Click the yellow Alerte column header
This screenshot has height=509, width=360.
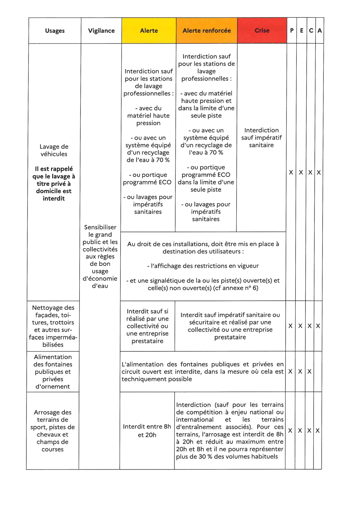coord(149,31)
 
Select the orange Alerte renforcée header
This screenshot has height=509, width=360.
coord(207,31)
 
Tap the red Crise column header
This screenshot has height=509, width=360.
coord(262,31)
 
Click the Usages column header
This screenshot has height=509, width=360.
coord(55,31)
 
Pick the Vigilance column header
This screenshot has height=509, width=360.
coord(101,31)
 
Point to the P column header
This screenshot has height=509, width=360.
coord(292,31)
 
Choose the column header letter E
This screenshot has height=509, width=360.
coord(302,31)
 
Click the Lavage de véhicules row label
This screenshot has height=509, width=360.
coord(54,150)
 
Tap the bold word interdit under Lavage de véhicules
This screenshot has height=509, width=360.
coord(54,198)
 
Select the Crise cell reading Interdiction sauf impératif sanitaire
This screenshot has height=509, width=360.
coord(261,138)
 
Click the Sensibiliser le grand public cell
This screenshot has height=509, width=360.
coord(100,256)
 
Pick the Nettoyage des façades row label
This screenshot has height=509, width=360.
coord(53,326)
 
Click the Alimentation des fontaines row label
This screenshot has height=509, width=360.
coord(53,372)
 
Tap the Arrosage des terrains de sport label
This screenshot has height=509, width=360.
coord(53,431)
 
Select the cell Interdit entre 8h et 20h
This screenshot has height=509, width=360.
coord(147,431)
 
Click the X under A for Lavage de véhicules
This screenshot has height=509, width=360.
coord(319,173)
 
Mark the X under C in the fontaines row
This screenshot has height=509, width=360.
coord(309,372)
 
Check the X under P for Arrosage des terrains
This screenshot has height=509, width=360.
coord(290,431)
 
